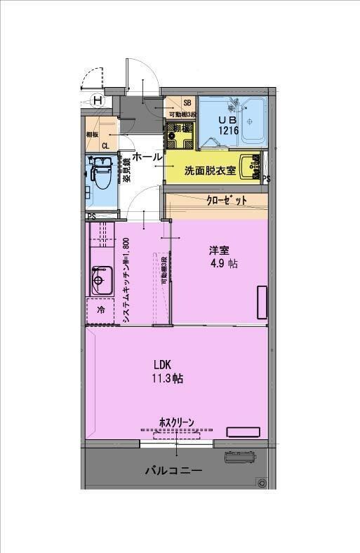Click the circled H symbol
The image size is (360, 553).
98,100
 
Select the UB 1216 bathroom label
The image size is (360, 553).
229,126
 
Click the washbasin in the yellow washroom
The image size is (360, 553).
248,168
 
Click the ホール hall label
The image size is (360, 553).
147,157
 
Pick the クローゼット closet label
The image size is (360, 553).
226,201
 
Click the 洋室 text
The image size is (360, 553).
218,251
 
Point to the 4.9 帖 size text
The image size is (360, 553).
223,265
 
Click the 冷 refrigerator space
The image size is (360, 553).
100,309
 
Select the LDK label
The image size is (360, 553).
164,364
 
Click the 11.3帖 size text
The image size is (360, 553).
168,378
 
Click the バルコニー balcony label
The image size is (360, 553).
173,470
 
